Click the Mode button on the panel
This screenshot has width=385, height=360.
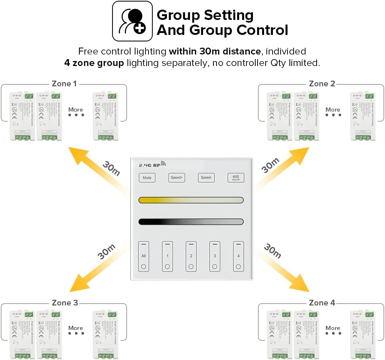tap(147, 178)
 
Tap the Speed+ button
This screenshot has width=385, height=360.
tap(177, 178)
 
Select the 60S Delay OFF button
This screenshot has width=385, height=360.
tap(236, 178)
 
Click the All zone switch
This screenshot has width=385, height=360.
tap(144, 256)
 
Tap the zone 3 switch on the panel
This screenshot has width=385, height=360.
tap(215, 256)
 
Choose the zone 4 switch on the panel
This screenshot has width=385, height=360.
tap(238, 256)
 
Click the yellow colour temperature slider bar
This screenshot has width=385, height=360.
tap(191, 200)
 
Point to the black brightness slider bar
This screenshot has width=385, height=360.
tap(191, 222)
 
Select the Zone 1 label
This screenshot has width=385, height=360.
tap(64, 84)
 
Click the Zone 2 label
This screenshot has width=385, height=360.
tap(322, 84)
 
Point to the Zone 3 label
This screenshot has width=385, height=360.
tap(65, 303)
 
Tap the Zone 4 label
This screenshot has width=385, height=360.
tap(322, 303)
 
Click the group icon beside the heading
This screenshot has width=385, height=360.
tap(132, 21)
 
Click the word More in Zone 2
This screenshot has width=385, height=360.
tap(333, 110)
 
